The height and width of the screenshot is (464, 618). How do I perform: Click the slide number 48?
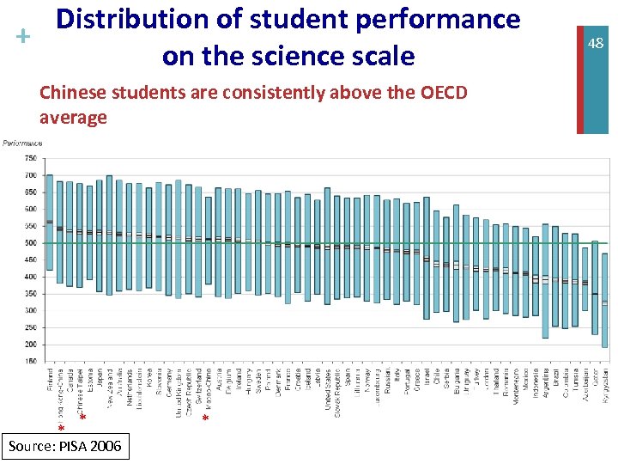(596, 43)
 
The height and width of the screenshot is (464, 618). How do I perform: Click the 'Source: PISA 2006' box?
(65, 446)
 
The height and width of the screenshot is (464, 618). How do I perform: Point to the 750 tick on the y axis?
(29, 159)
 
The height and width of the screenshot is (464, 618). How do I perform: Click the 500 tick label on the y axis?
(29, 243)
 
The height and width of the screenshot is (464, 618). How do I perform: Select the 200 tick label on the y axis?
(29, 345)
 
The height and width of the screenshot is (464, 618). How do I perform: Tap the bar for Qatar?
(595, 289)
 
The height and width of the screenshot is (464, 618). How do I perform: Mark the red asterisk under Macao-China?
(205, 418)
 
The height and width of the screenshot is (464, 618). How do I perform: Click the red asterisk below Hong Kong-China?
(61, 428)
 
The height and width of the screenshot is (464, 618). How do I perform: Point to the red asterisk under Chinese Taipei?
(82, 418)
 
